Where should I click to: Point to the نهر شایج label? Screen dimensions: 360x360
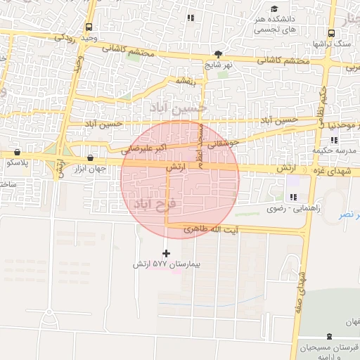218,64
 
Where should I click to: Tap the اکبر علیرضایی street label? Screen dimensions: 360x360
143,149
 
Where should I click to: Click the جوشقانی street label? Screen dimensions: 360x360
225,143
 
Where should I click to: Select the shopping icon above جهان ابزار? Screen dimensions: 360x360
89,158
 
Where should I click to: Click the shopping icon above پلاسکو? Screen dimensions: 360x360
17,153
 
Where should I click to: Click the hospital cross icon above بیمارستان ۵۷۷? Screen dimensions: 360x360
167,253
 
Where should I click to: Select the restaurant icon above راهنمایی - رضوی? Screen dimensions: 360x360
292,197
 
